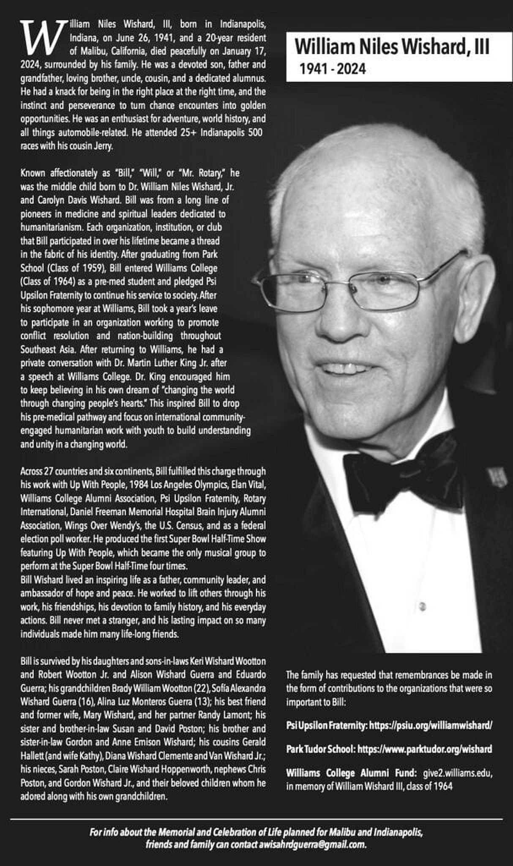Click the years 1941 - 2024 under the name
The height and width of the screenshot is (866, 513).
click(x=333, y=69)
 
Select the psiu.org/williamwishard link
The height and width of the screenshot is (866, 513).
click(x=431, y=726)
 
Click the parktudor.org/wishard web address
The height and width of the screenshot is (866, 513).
click(x=425, y=749)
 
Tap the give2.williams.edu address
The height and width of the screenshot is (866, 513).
click(x=457, y=773)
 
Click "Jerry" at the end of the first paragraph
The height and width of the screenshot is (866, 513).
click(x=104, y=146)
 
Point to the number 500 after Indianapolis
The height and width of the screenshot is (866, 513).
click(x=255, y=133)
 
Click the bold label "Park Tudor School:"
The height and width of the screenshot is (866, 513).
click(x=320, y=749)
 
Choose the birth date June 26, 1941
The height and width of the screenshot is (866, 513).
click(x=142, y=38)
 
